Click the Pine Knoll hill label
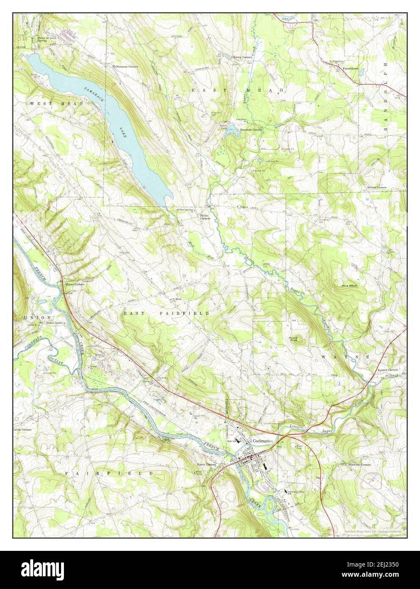pos(351,286)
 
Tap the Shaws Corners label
pos(75,284)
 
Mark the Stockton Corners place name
pos(359,464)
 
